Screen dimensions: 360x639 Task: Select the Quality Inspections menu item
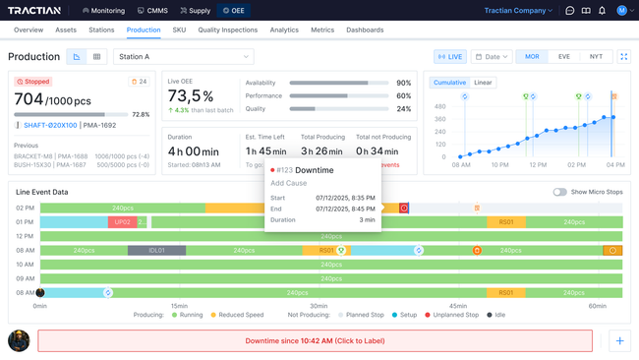pos(228,30)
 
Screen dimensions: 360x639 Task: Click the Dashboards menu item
pos(365,30)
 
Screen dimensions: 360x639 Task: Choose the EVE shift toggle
pos(563,57)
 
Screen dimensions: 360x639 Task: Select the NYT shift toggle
pos(595,57)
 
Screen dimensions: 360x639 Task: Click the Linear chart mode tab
pos(483,83)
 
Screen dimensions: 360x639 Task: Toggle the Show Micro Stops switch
pos(559,192)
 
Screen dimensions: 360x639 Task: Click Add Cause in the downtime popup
pos(288,183)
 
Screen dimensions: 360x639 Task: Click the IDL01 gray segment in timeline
pos(155,251)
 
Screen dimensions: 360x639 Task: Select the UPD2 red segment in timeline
pos(122,222)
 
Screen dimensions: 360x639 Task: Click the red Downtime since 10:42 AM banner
pos(315,340)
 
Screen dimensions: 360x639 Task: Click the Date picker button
pos(491,57)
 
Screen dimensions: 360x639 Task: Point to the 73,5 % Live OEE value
pos(191,96)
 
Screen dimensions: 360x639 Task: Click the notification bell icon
pos(602,11)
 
